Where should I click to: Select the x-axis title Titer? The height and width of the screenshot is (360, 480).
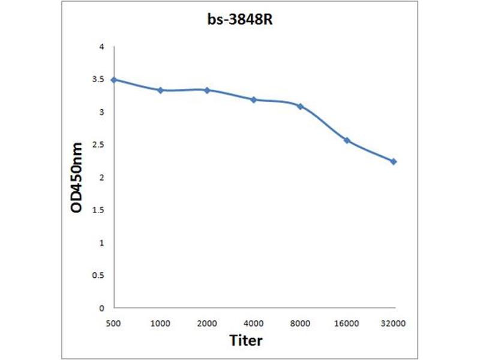tap(246, 340)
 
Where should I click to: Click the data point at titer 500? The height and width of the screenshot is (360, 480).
tap(114, 79)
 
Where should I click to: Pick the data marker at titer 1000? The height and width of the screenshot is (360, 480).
tap(160, 90)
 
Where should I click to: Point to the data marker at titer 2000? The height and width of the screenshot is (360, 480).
tap(207, 90)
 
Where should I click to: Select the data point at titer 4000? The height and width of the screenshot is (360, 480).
tap(254, 100)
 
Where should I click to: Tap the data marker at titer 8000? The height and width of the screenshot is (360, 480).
tap(300, 106)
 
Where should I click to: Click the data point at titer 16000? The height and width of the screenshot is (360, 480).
tap(347, 140)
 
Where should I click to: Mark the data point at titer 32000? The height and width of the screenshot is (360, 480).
tap(394, 161)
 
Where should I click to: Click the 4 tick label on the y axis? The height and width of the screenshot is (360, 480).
tap(101, 47)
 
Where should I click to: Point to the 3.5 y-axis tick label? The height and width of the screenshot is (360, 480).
tap(99, 79)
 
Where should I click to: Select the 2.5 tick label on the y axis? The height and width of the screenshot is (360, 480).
tap(99, 145)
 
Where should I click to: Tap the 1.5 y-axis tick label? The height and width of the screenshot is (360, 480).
tap(99, 210)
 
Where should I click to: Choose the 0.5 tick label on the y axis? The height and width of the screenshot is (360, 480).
tap(99, 275)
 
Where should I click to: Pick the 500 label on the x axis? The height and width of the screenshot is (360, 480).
tap(114, 323)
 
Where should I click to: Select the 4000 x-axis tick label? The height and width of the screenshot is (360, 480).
tap(254, 323)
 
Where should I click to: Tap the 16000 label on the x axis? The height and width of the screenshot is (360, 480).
tap(347, 323)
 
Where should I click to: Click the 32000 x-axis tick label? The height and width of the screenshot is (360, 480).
tap(394, 323)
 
